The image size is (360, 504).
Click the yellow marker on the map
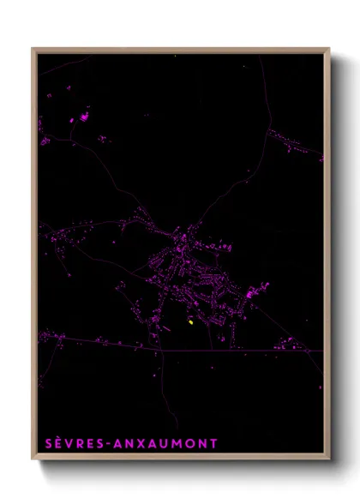point(189,322)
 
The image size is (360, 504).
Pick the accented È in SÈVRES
point(63,443)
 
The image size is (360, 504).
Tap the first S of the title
point(50,444)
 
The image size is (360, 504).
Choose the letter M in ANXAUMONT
point(176,444)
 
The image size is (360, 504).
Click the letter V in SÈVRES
point(75,444)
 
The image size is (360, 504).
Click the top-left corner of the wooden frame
point(33,49)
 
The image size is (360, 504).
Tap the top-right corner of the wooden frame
point(328,49)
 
